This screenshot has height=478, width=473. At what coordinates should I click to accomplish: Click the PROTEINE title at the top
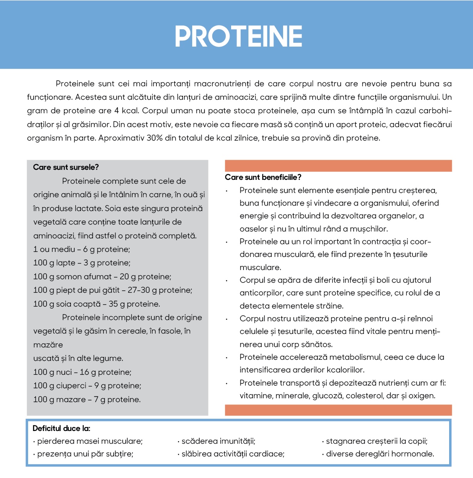(x=238, y=37)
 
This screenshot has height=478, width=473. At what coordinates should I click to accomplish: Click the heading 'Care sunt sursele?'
(x=66, y=167)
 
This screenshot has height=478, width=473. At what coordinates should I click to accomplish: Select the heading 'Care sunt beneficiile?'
(x=263, y=177)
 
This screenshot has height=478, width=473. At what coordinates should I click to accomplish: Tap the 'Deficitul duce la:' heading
(x=61, y=428)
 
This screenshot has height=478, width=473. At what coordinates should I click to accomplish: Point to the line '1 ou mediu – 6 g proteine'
(x=82, y=249)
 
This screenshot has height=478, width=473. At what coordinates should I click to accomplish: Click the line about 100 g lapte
(x=82, y=263)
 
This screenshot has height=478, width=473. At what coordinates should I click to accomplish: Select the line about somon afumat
(x=102, y=277)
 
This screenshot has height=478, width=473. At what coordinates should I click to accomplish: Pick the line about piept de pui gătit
(x=112, y=290)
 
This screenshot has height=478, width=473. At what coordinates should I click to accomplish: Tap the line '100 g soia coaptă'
(x=96, y=304)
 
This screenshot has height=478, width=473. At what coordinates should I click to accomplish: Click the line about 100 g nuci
(x=82, y=372)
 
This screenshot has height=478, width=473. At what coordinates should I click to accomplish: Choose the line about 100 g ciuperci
(x=87, y=386)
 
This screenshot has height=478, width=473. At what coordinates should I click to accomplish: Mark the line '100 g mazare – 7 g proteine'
(x=87, y=399)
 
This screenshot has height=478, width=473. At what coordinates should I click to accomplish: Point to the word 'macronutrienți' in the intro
(x=222, y=84)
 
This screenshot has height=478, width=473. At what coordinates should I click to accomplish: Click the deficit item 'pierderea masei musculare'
(x=90, y=441)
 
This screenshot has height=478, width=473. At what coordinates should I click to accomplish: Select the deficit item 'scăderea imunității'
(x=218, y=441)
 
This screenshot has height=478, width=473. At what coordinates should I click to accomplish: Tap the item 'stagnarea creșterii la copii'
(x=376, y=441)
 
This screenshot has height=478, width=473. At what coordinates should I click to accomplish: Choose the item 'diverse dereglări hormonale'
(x=380, y=454)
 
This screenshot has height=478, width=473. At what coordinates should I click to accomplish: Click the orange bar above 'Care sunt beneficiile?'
(x=338, y=166)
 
